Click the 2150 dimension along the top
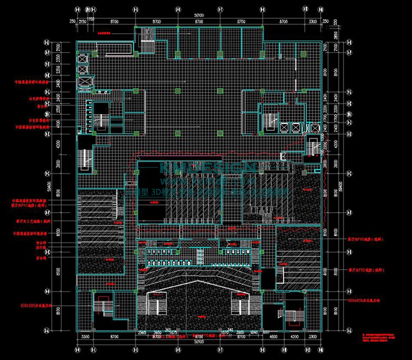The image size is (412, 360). (x=83, y=21)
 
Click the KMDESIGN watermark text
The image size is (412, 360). (x=208, y=168)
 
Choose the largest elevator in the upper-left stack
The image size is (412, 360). (x=85, y=82)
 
